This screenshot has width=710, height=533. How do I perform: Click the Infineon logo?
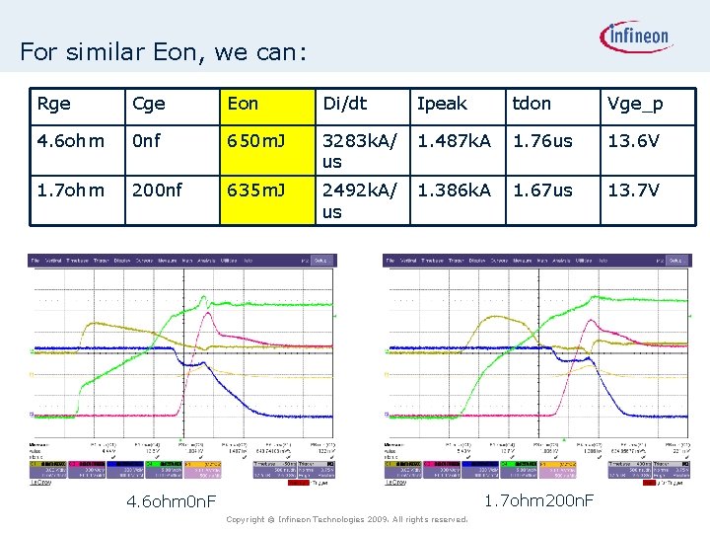(636, 38)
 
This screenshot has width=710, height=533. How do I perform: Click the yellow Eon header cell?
(244, 104)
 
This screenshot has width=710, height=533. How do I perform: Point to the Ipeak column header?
(442, 104)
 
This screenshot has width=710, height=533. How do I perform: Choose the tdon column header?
(531, 104)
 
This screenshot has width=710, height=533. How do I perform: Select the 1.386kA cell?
(454, 190)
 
